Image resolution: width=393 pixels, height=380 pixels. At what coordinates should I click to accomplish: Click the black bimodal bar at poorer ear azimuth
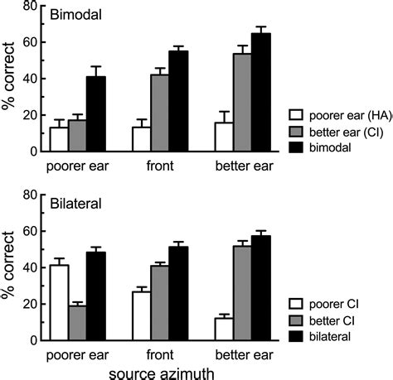(x=96, y=114)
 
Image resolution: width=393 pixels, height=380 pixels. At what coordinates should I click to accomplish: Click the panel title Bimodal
(x=71, y=16)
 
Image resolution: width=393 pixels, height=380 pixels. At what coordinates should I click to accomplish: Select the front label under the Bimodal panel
(x=161, y=165)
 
